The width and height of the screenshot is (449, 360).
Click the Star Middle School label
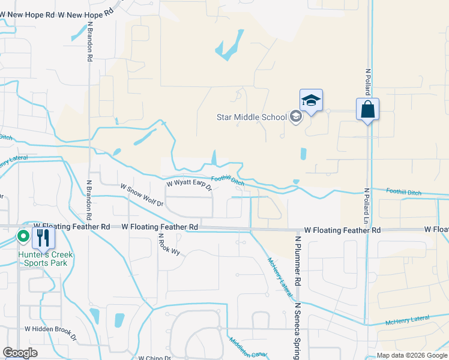pyautogui.click(x=252, y=116)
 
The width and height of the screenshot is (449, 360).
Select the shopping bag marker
pyautogui.click(x=367, y=110)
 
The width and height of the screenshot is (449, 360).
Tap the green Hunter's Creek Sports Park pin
pyautogui.click(x=23, y=236)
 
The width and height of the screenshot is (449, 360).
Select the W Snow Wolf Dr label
pyautogui.click(x=142, y=195)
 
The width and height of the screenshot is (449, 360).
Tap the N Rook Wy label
pyautogui.click(x=160, y=244)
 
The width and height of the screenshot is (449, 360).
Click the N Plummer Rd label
pyautogui.click(x=297, y=260)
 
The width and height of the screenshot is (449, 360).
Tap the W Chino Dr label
pyautogui.click(x=155, y=358)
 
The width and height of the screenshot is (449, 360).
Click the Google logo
pyautogui.click(x=20, y=352)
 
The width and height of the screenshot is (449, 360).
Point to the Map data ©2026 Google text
pyautogui.click(x=412, y=355)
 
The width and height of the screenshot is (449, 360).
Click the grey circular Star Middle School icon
pyautogui.click(x=295, y=116)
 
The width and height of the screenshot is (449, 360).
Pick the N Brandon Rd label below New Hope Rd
pyautogui.click(x=90, y=42)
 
